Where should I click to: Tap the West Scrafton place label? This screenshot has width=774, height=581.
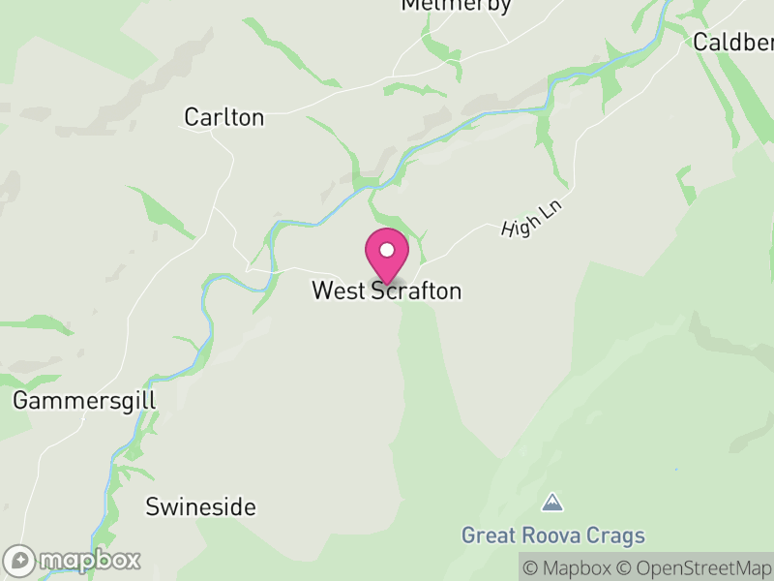tap(386, 290)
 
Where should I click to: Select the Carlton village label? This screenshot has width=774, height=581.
tap(223, 117)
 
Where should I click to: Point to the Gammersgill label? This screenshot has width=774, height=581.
tap(84, 400)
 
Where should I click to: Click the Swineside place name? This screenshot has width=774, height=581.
tap(200, 506)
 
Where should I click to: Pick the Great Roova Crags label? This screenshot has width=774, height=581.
tap(552, 535)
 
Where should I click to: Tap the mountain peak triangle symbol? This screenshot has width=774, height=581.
tap(552, 503)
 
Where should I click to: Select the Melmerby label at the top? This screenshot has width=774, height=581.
tap(456, 5)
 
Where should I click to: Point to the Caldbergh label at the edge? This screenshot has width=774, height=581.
tap(733, 43)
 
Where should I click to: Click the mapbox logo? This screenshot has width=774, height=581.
tap(73, 560)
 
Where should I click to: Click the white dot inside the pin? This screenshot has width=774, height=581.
tap(387, 250)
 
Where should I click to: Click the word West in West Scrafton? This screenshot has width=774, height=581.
tap(333, 290)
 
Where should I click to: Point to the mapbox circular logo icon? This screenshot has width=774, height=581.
tap(19, 560)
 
